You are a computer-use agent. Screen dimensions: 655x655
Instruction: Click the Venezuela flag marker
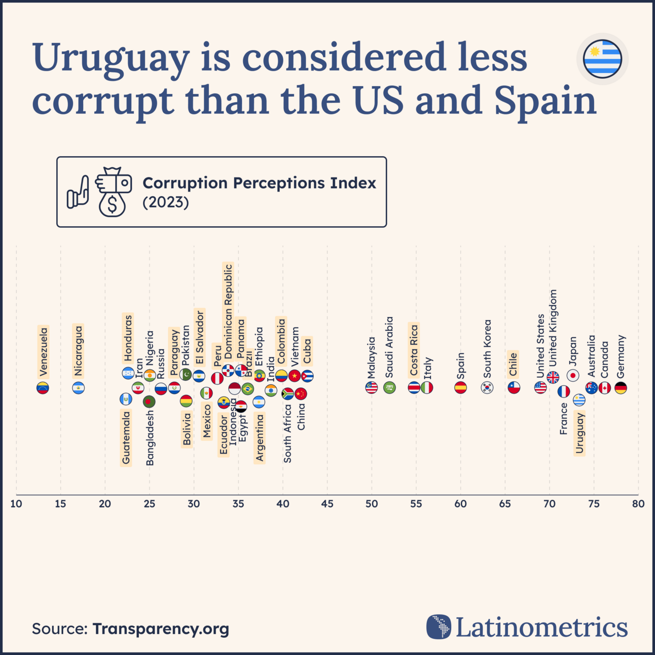43,388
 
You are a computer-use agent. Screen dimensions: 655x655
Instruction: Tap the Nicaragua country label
78,351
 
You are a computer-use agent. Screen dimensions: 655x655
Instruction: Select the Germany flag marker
621,388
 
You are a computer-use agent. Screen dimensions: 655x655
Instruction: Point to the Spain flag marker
460,387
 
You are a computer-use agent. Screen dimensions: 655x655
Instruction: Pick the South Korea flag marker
487,387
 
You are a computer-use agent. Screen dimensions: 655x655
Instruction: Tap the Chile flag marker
514,387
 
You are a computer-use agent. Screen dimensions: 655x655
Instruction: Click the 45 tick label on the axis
327,504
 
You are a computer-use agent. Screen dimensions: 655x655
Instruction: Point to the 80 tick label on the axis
638,504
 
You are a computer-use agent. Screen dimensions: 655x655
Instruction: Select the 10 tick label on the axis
16,504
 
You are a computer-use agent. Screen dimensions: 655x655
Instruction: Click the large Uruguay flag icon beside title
602,59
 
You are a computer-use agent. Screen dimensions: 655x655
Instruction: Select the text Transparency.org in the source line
161,629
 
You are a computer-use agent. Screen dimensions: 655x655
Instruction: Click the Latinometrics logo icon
439,627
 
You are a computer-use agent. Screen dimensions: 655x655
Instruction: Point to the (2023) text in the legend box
166,202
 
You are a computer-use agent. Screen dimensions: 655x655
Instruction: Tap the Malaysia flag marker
372,387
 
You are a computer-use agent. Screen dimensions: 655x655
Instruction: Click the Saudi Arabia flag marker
389,387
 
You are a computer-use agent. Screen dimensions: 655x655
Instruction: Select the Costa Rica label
414,350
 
